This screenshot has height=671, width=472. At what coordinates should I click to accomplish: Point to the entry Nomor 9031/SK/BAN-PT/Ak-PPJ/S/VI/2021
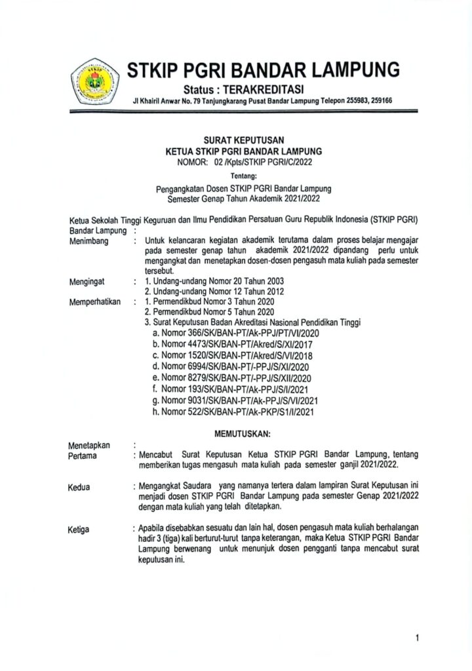pyautogui.click(x=236, y=400)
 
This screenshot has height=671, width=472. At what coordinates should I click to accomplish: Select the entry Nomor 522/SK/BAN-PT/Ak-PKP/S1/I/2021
pyautogui.click(x=235, y=411)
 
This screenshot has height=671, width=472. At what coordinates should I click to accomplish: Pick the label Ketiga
pyautogui.click(x=79, y=529)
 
